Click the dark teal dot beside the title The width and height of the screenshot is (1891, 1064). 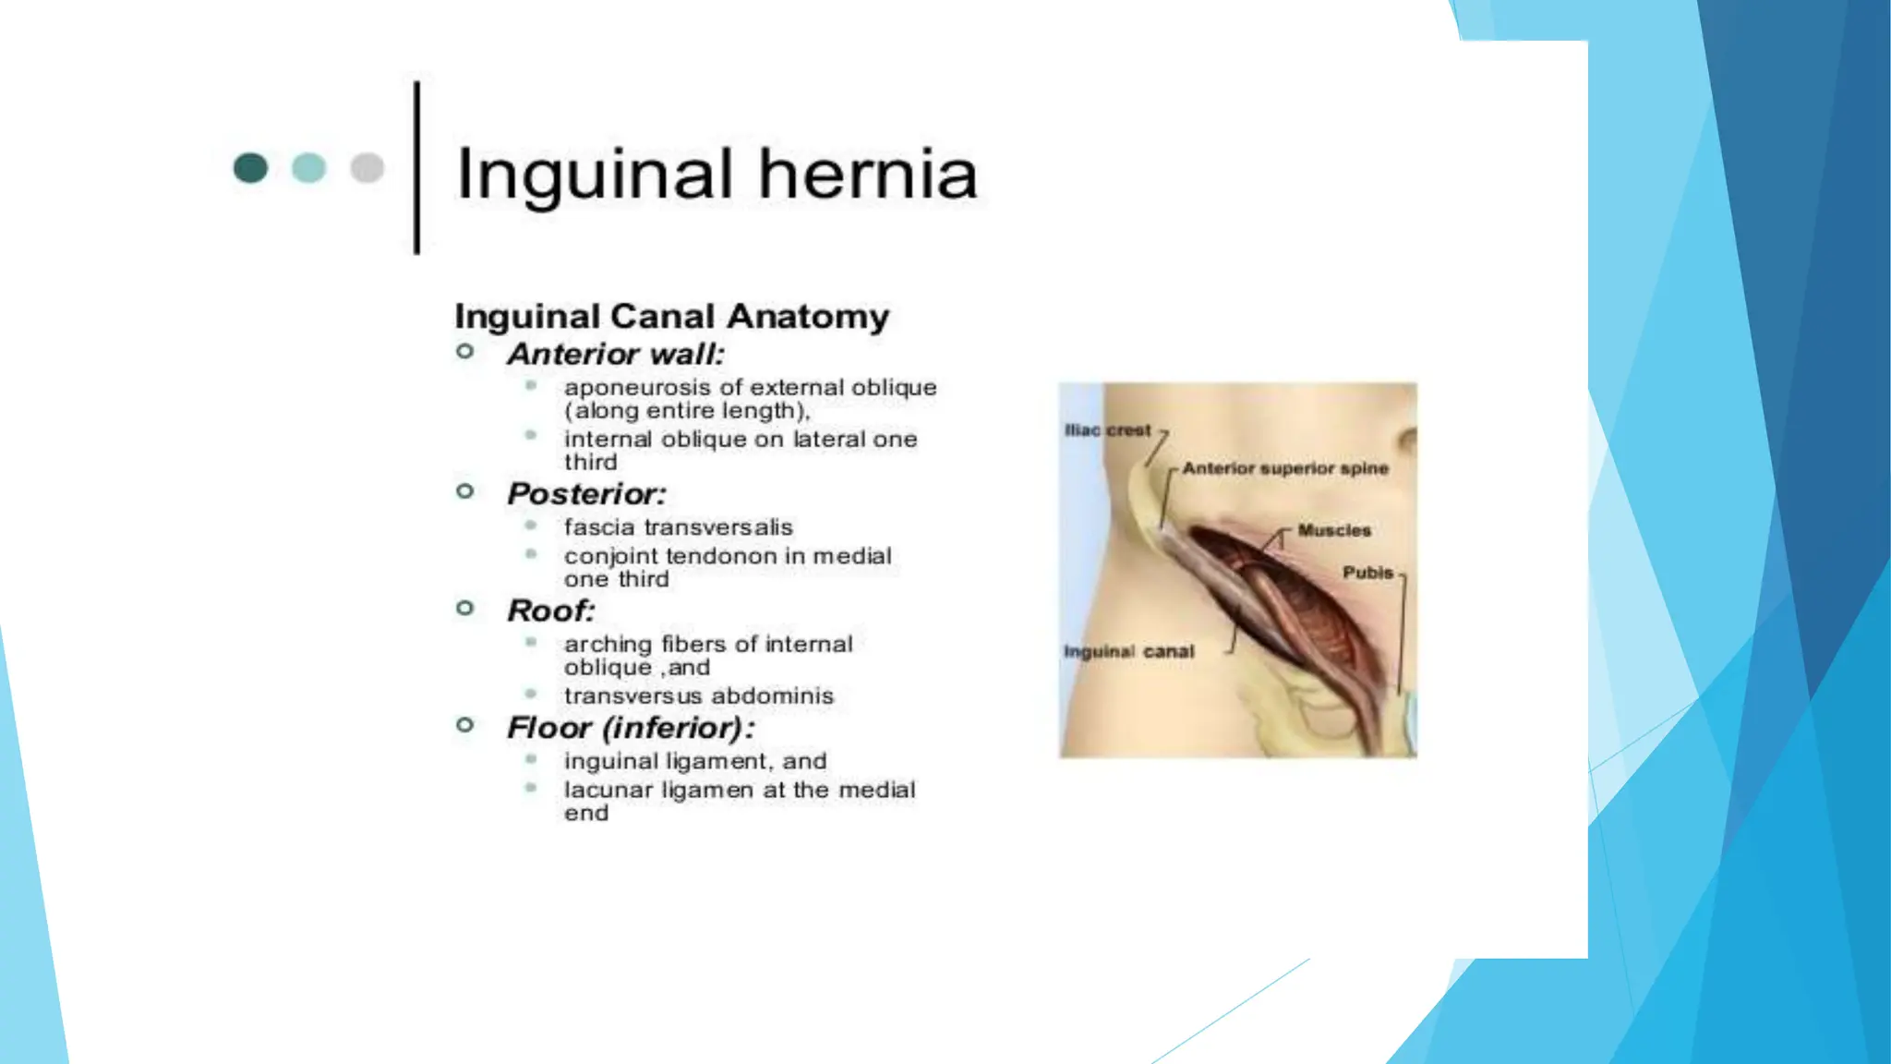(250, 168)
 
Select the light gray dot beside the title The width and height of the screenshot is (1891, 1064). (367, 168)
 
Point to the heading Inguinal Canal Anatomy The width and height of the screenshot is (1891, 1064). (671, 317)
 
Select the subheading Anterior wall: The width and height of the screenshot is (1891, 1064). (616, 355)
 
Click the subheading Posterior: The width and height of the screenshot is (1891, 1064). (586, 494)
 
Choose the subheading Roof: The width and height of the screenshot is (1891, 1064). (551, 611)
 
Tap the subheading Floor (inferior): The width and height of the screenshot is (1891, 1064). (631, 728)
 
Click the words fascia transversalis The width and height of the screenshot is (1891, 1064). (678, 527)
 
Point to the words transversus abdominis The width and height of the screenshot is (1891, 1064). (698, 695)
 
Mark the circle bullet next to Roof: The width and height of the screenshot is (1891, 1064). (465, 608)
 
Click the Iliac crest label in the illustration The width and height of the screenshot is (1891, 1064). (1107, 430)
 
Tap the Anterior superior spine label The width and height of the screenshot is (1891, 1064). (1284, 468)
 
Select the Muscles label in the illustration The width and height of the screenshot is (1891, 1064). (1333, 530)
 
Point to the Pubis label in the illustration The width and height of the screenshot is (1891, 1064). (1367, 573)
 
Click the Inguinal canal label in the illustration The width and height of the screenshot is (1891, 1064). (1128, 652)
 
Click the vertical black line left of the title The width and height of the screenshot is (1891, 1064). (416, 167)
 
